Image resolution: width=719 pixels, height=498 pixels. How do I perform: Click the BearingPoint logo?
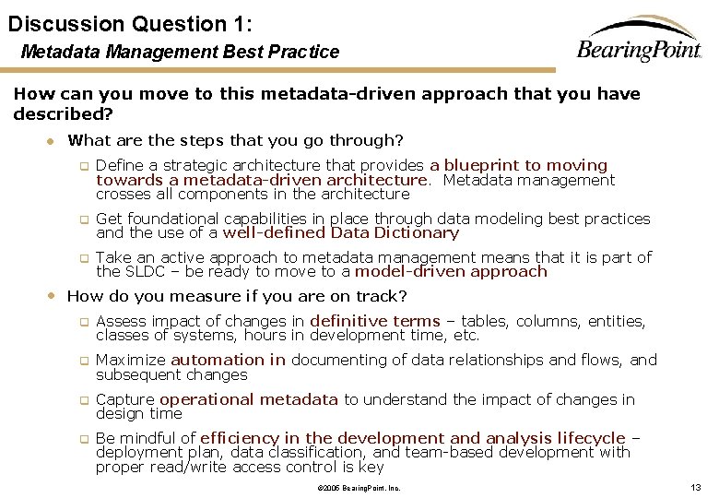[639, 41]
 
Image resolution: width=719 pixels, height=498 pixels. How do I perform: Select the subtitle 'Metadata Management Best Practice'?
[180, 53]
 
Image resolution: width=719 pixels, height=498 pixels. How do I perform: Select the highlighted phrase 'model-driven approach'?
[451, 272]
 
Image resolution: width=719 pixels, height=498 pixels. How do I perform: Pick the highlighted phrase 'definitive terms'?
[375, 321]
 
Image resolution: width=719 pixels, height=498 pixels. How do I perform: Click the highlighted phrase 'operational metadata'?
[249, 399]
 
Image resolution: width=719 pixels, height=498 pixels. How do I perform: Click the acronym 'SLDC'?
[140, 272]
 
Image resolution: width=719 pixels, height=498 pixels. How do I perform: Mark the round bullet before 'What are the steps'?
[53, 141]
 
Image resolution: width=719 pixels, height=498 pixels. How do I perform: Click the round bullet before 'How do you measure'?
[52, 296]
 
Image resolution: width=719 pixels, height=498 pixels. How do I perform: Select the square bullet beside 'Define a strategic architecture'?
[82, 167]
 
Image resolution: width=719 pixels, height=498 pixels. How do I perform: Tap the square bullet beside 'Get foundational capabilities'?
[82, 220]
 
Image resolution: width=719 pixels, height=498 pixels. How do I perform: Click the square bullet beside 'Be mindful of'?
[82, 439]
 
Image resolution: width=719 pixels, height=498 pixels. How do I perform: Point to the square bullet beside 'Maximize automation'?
[82, 362]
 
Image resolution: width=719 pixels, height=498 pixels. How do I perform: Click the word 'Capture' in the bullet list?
[125, 399]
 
